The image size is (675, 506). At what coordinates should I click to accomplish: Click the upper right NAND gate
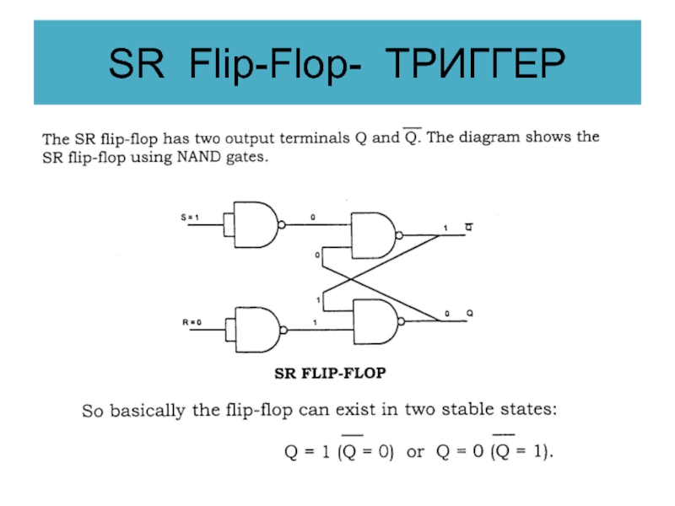[371, 235]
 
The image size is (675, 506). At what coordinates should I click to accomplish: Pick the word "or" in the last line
[415, 451]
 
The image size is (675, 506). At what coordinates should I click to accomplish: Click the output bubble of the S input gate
[283, 224]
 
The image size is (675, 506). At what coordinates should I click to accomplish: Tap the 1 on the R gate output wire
[314, 322]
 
